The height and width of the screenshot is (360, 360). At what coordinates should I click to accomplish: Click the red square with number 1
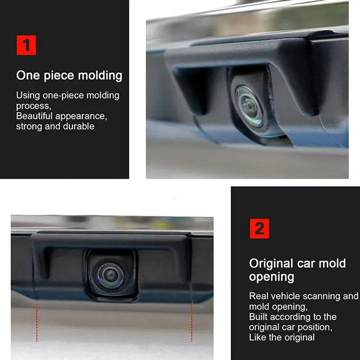pyautogui.click(x=27, y=45)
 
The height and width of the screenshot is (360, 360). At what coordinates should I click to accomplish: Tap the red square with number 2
pyautogui.click(x=260, y=229)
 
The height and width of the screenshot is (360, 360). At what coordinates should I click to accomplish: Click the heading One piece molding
pyautogui.click(x=69, y=76)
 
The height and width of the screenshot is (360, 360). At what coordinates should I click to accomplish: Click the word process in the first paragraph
pyautogui.click(x=33, y=106)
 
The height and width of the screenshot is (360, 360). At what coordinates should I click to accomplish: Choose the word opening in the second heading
pyautogui.click(x=272, y=277)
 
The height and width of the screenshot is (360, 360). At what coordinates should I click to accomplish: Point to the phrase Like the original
pyautogui.click(x=282, y=337)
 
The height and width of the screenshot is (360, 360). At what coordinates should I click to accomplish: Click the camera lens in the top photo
pyautogui.click(x=249, y=107)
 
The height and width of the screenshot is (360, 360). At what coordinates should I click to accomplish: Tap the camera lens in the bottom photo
pyautogui.click(x=111, y=275)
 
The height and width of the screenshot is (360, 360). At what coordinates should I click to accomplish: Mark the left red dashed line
pyautogui.click(x=37, y=323)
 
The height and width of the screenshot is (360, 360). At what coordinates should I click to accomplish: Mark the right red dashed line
pyautogui.click(x=192, y=322)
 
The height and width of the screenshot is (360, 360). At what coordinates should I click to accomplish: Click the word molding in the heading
pyautogui.click(x=100, y=76)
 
